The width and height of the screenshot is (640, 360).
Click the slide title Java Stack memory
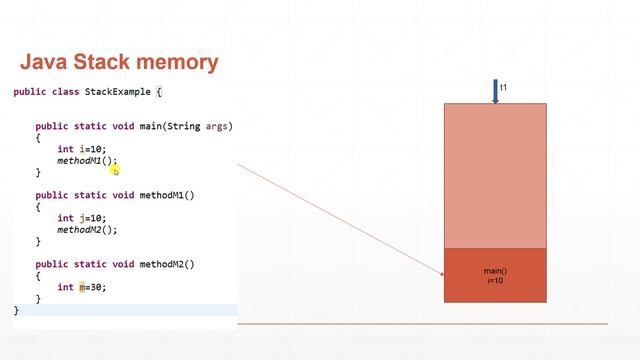[x=120, y=62]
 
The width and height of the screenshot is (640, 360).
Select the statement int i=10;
[x=80, y=149]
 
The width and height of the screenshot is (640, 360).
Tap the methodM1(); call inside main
[x=86, y=161]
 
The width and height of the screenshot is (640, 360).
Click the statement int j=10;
[x=80, y=218]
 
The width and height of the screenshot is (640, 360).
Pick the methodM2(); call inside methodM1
[x=87, y=230]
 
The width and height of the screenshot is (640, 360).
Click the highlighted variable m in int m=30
[x=83, y=287]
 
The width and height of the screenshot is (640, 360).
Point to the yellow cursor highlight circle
[x=115, y=170]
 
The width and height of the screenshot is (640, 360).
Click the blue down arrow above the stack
[x=495, y=92]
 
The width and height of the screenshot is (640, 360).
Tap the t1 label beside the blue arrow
[x=504, y=88]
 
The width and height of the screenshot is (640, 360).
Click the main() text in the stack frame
[x=495, y=271]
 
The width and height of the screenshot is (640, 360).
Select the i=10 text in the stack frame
[x=495, y=281]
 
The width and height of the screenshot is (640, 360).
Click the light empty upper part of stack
[x=495, y=175]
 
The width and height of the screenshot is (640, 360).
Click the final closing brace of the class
[x=16, y=311]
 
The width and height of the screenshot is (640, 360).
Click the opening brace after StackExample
[x=158, y=92]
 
